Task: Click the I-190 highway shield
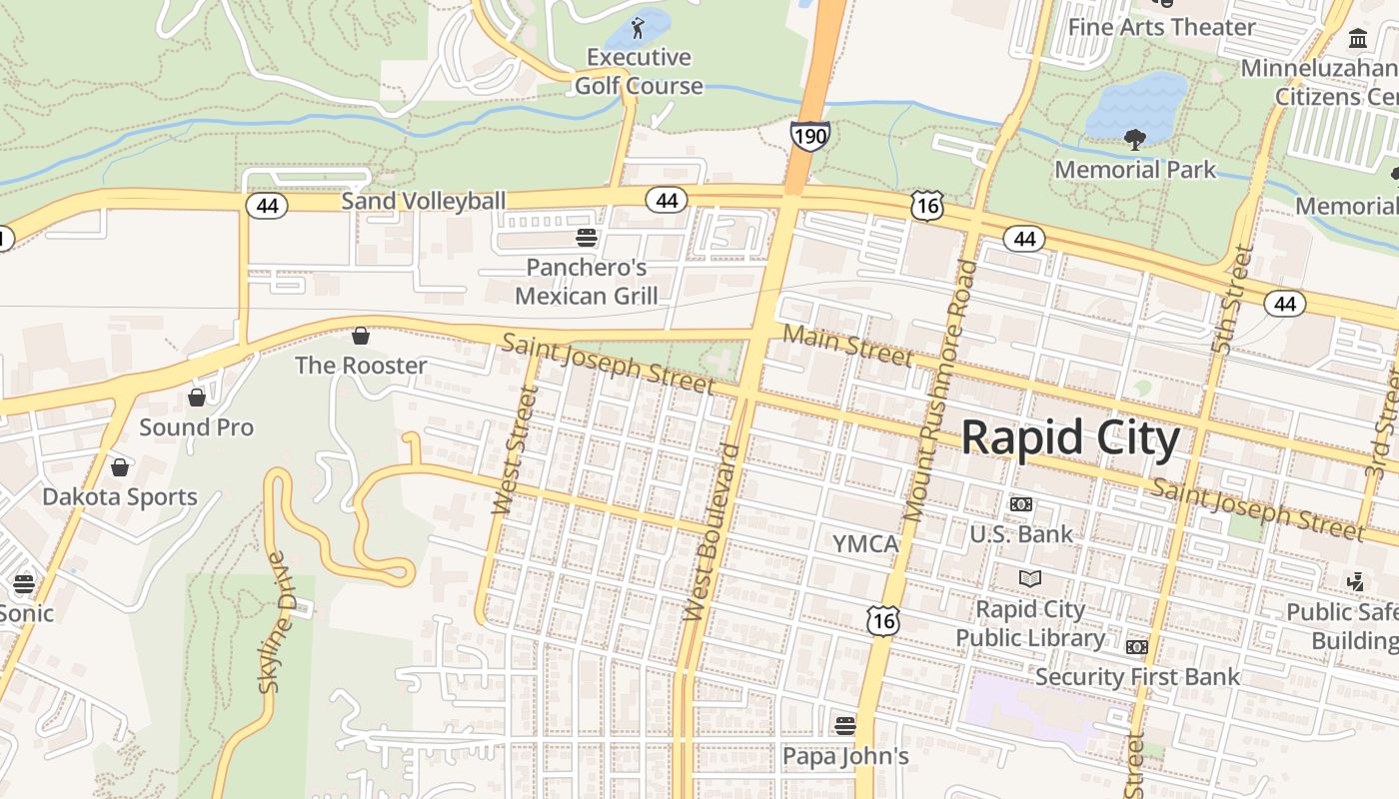pyautogui.click(x=809, y=135)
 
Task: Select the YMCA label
pyautogui.click(x=865, y=544)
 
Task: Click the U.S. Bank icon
pyautogui.click(x=1020, y=504)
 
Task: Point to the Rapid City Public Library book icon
pyautogui.click(x=1029, y=578)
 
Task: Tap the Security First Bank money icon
pyautogui.click(x=1136, y=647)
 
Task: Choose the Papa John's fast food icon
pyautogui.click(x=845, y=725)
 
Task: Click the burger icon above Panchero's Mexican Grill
pyautogui.click(x=587, y=238)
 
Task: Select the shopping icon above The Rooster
pyautogui.click(x=361, y=336)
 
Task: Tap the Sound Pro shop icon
pyautogui.click(x=197, y=398)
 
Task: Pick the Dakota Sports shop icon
pyautogui.click(x=120, y=467)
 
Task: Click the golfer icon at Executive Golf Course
pyautogui.click(x=638, y=28)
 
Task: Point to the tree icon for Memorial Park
pyautogui.click(x=1134, y=139)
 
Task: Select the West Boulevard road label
pyautogui.click(x=710, y=532)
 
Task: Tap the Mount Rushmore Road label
pyautogui.click(x=939, y=391)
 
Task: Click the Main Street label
pyautogui.click(x=847, y=345)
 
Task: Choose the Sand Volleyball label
pyautogui.click(x=424, y=201)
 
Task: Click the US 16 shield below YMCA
pyautogui.click(x=883, y=621)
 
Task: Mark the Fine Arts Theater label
pyautogui.click(x=1161, y=27)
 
